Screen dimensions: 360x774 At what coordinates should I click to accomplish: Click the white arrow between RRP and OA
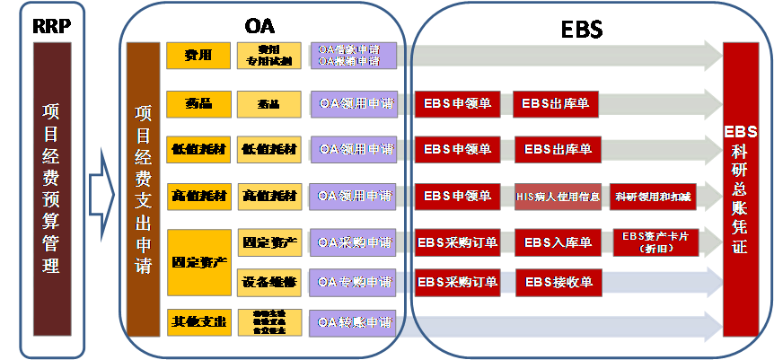point(103,190)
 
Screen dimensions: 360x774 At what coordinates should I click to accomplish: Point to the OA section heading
point(259,23)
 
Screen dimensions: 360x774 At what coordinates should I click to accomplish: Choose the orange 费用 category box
point(198,56)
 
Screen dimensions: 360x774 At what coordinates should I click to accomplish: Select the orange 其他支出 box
point(198,321)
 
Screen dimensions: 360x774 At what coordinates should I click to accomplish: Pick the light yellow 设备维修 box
point(268,282)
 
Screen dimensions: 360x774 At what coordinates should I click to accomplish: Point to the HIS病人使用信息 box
point(557,196)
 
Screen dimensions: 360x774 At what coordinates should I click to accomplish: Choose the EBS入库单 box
point(557,242)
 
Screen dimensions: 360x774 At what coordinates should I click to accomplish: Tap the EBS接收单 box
point(557,282)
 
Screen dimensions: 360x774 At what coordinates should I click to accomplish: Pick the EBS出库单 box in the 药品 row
point(557,103)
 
